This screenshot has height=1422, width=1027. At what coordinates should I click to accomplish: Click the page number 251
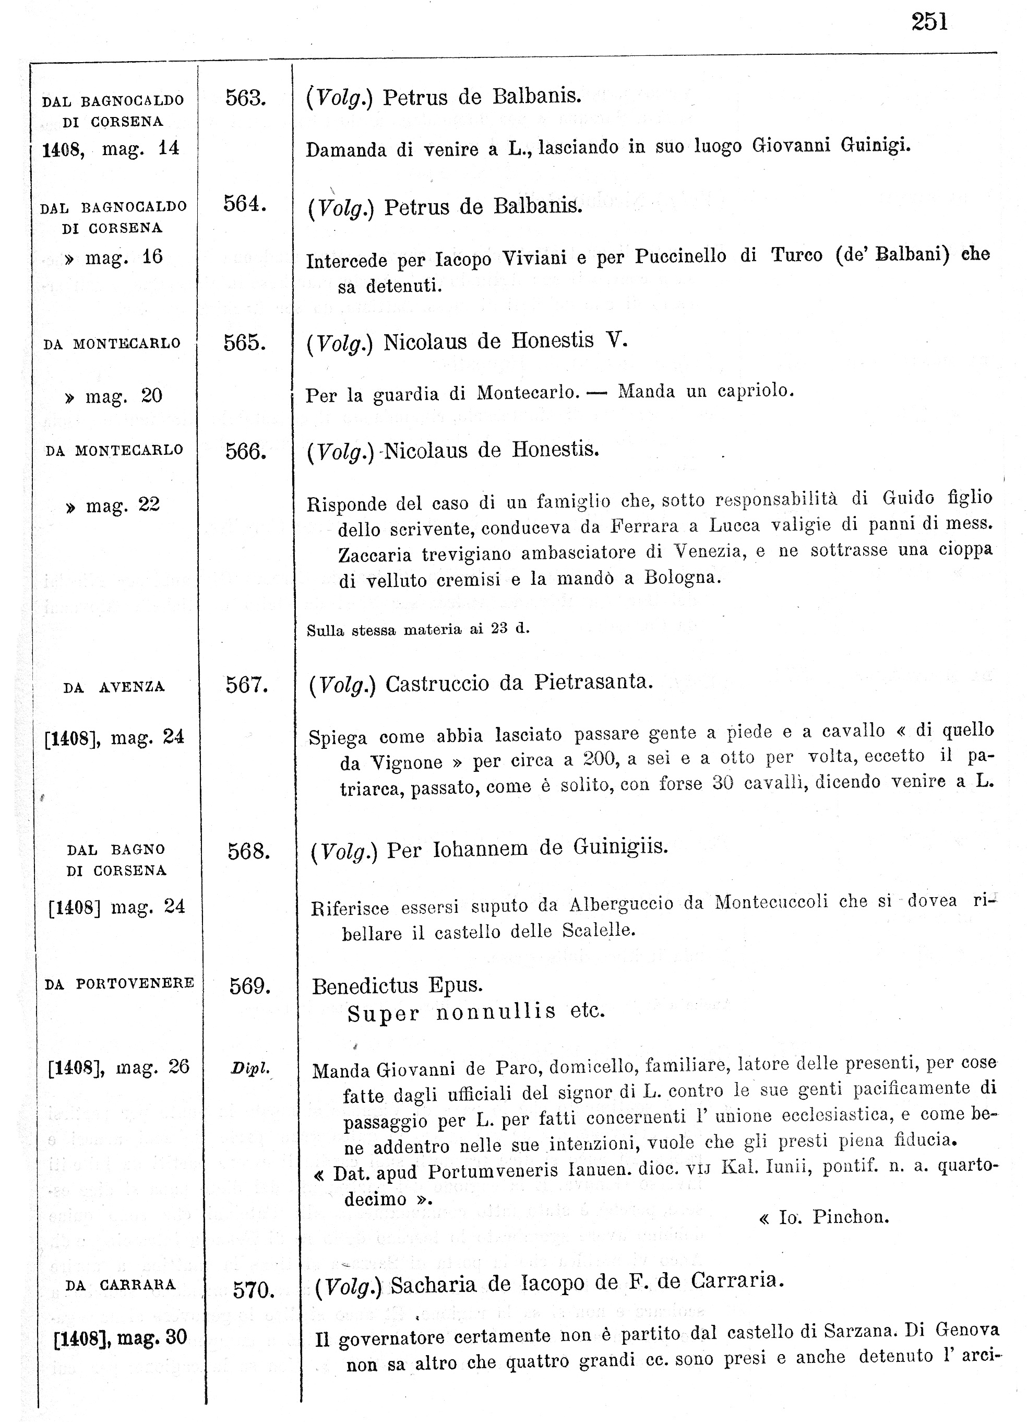[929, 22]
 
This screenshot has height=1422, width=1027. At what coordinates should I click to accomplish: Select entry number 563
[245, 98]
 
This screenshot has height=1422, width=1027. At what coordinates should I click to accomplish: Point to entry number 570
[253, 1290]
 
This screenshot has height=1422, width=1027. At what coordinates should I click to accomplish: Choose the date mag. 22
[113, 504]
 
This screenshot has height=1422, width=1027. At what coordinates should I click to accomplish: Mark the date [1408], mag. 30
[121, 1337]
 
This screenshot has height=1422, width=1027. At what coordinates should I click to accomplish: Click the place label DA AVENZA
[114, 687]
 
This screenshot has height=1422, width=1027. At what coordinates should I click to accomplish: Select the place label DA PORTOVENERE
[119, 983]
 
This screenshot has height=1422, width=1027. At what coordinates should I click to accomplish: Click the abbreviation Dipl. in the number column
[250, 1068]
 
